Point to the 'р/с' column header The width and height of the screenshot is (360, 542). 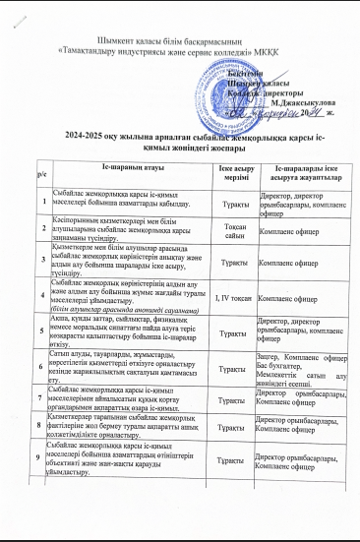click(x=40, y=177)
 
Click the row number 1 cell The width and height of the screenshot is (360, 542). click(x=41, y=203)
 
